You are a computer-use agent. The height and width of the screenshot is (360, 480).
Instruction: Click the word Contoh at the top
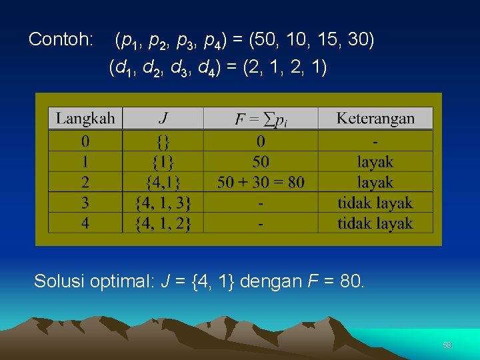(61, 40)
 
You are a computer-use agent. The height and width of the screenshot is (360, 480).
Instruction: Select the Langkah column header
(85, 119)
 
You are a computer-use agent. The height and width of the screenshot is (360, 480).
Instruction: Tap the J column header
(163, 119)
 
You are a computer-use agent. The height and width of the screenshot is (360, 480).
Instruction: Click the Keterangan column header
(375, 119)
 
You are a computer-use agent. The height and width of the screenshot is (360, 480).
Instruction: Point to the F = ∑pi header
(261, 119)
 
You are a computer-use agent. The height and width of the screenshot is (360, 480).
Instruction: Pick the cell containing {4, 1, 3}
(163, 203)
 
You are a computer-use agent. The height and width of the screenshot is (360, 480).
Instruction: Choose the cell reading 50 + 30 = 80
(261, 182)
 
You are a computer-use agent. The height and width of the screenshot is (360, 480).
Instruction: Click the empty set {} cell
(163, 141)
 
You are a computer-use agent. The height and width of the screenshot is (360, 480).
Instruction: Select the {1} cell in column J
(163, 161)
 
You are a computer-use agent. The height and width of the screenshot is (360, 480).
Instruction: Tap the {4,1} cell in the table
(163, 182)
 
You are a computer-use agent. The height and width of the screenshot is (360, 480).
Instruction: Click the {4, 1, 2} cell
(163, 223)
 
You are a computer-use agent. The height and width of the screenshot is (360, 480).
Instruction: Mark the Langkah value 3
(85, 203)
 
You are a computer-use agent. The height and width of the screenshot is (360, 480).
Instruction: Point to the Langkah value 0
(85, 141)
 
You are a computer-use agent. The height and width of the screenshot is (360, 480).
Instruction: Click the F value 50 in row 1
(261, 161)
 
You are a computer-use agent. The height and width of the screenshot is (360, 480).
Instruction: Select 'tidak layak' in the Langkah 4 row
(375, 223)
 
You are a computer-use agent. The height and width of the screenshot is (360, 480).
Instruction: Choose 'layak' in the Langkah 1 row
(375, 161)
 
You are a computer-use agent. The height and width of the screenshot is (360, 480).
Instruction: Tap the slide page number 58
(447, 345)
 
